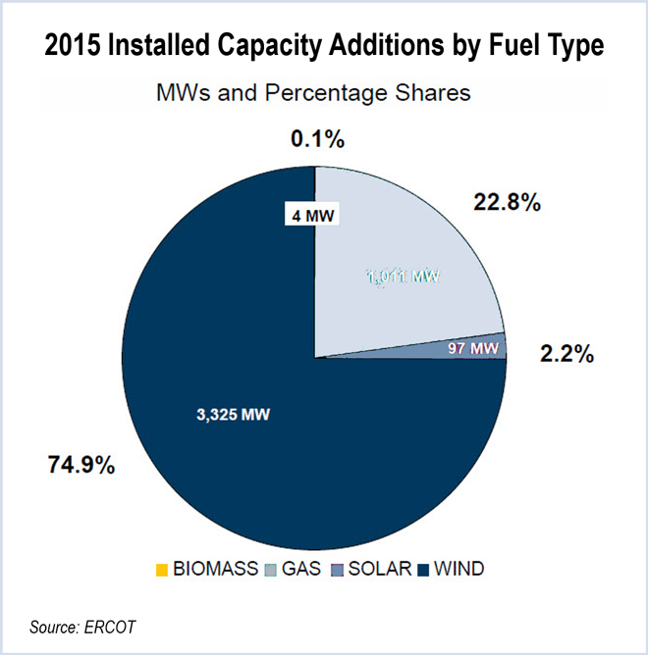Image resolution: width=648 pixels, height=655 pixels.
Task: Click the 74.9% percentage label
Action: coord(82,465)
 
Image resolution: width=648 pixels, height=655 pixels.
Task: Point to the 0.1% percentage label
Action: coord(318,139)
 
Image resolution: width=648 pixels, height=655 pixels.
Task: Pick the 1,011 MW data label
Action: coord(402,277)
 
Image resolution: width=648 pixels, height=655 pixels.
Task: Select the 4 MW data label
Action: coord(307,216)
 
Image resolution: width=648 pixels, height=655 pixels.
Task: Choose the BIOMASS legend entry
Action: coord(215,569)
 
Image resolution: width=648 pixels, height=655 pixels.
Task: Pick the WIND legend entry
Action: coord(458,569)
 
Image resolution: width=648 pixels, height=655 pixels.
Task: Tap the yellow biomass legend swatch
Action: coord(162,569)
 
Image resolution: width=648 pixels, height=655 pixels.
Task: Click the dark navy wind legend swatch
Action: coord(423,569)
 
